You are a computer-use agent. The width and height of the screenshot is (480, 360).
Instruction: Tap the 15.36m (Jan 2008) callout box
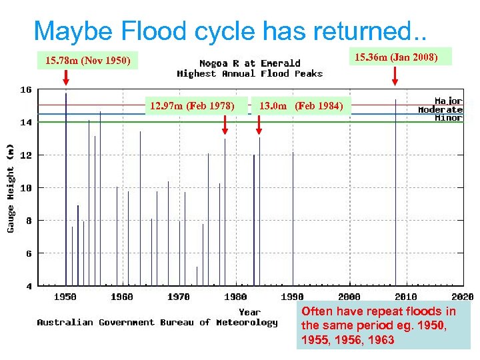pyautogui.click(x=396, y=57)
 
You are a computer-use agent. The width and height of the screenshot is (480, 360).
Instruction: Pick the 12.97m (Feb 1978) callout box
pyautogui.click(x=192, y=106)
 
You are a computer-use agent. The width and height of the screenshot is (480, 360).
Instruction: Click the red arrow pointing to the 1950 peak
pyautogui.click(x=65, y=78)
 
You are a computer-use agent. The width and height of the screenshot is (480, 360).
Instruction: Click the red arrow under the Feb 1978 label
pyautogui.click(x=225, y=125)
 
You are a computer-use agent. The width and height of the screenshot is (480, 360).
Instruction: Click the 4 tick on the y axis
pyautogui.click(x=29, y=287)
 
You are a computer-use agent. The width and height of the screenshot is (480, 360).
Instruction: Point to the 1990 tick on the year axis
pyautogui.click(x=293, y=297)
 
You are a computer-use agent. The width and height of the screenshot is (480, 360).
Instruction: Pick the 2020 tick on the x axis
pyautogui.click(x=463, y=297)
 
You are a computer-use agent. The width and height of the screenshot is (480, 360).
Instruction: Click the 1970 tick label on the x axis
pyautogui.click(x=179, y=297)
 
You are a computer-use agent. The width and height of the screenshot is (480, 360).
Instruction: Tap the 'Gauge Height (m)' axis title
pyautogui.click(x=11, y=189)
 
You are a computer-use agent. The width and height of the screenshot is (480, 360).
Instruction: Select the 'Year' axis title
pyautogui.click(x=250, y=311)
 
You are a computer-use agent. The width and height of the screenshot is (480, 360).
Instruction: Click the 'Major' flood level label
pyautogui.click(x=448, y=101)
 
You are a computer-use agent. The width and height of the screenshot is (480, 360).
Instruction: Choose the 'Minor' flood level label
pyautogui.click(x=448, y=118)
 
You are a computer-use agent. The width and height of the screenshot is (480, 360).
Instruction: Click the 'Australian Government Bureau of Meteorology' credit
pyautogui.click(x=157, y=323)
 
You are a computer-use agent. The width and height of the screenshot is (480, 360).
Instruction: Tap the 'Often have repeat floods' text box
pyautogui.click(x=383, y=326)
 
